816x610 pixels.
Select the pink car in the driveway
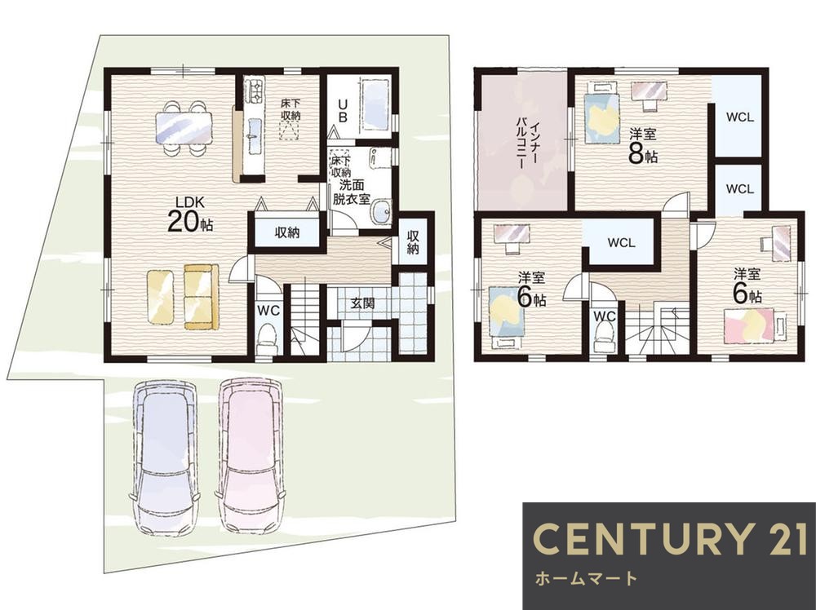[251, 455]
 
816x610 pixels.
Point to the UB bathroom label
[343, 110]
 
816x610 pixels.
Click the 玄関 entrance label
[361, 303]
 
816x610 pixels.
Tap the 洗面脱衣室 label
[351, 192]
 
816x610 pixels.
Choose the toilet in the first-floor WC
[268, 338]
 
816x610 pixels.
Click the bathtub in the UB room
[375, 105]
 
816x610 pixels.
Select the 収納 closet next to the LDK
[286, 232]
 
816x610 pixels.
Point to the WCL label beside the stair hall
[621, 243]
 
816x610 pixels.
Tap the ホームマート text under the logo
[586, 577]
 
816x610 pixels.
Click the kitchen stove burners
[255, 90]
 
